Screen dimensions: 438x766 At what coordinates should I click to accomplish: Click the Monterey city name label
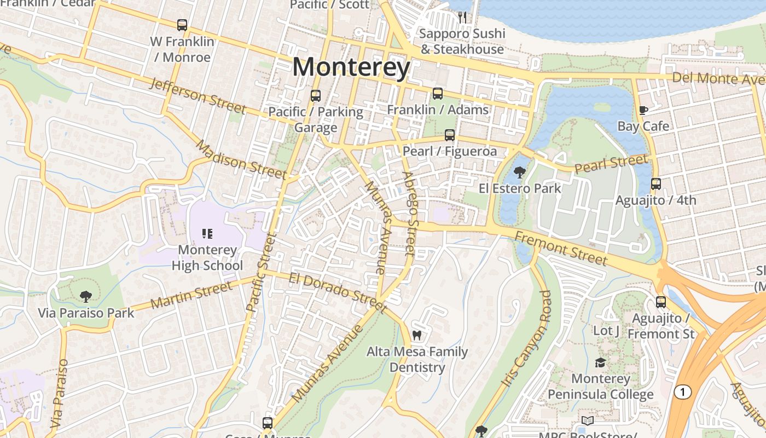click(x=351, y=68)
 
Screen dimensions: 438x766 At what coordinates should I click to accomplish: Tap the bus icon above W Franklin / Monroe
click(x=182, y=25)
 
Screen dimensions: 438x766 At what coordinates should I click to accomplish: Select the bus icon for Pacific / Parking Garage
click(x=316, y=96)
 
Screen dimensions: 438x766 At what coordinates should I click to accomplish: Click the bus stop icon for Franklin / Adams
click(x=438, y=94)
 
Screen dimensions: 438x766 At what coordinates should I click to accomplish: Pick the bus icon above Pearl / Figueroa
click(x=450, y=135)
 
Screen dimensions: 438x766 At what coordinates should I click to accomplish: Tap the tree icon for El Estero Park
click(x=520, y=173)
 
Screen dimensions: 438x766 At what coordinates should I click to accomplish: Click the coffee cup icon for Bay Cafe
click(x=643, y=111)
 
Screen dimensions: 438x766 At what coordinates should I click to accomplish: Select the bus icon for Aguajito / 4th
click(x=656, y=184)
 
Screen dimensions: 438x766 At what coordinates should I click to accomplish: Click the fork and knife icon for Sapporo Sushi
click(x=462, y=18)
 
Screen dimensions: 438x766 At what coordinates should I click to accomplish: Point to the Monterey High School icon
click(x=207, y=234)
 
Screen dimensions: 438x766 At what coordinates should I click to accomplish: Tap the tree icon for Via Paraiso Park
click(x=85, y=297)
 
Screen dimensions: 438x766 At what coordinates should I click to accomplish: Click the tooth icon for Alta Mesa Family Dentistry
click(x=417, y=336)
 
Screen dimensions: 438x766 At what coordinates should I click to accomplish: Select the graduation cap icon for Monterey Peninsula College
click(x=600, y=363)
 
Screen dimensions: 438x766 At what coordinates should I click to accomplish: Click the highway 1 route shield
click(x=682, y=392)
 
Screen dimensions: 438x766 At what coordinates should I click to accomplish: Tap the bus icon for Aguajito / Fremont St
click(x=661, y=302)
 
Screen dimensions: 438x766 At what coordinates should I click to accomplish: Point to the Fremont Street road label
click(x=561, y=248)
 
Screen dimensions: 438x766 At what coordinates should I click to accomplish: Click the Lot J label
click(x=606, y=331)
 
